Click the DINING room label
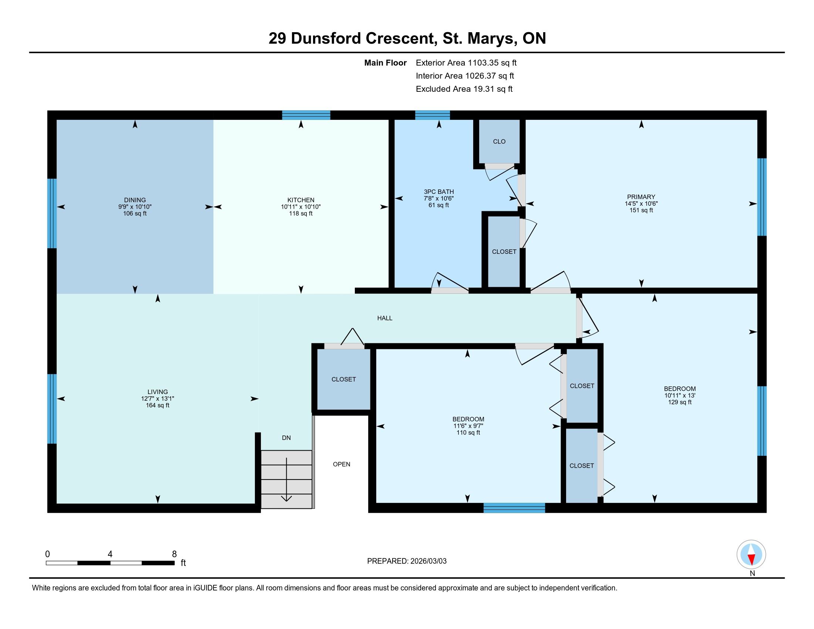pyautogui.click(x=135, y=200)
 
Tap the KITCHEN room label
pyautogui.click(x=301, y=200)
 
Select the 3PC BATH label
pyautogui.click(x=439, y=192)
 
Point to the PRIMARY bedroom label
pyautogui.click(x=641, y=197)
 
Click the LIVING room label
pyautogui.click(x=158, y=391)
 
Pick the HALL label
pyautogui.click(x=385, y=318)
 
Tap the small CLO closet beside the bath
pyautogui.click(x=499, y=142)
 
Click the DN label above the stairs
pyautogui.click(x=286, y=438)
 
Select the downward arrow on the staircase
pyautogui.click(x=286, y=480)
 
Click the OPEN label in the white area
pyautogui.click(x=342, y=464)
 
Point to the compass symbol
pyautogui.click(x=751, y=555)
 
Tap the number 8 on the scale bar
pyautogui.click(x=174, y=554)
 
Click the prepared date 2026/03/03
pyautogui.click(x=428, y=561)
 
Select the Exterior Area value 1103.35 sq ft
pyautogui.click(x=492, y=63)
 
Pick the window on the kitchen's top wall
pyautogui.click(x=306, y=115)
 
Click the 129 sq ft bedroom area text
pyautogui.click(x=680, y=402)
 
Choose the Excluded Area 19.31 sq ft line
pyautogui.click(x=464, y=89)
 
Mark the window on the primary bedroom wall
pyautogui.click(x=762, y=197)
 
